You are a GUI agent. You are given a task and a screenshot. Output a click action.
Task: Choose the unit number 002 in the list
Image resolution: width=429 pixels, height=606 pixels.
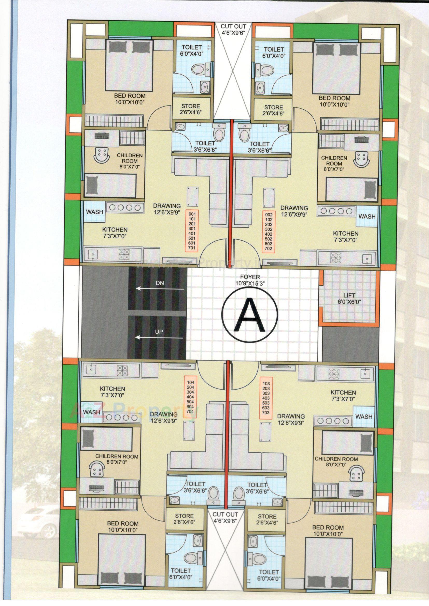point(268,215)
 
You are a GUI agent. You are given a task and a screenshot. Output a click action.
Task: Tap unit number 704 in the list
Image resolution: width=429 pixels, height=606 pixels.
point(190,411)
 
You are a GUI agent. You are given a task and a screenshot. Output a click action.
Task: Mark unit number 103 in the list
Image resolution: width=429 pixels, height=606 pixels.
point(266,383)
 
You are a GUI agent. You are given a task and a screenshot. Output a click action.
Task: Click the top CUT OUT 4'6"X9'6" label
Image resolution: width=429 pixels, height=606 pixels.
point(233,29)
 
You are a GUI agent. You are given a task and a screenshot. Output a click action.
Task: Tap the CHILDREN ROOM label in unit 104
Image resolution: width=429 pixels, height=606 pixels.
point(117,459)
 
